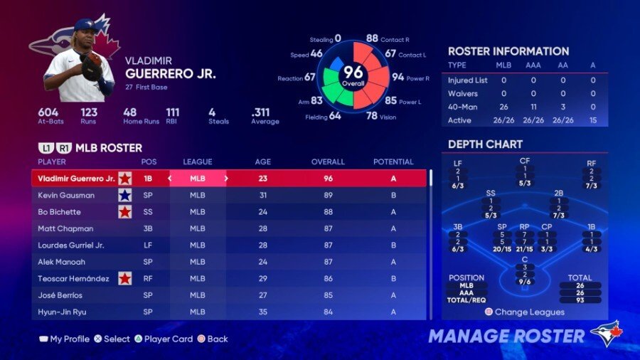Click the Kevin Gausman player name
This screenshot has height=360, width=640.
66,195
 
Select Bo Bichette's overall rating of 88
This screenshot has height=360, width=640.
328,212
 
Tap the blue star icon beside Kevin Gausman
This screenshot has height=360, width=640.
125,195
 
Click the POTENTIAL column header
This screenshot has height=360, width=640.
393,162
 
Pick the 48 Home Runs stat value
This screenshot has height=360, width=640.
129,112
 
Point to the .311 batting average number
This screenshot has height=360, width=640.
261,112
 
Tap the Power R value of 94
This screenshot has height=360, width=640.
398,78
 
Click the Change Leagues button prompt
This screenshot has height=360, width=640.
525,312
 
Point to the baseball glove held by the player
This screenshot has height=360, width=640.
91,67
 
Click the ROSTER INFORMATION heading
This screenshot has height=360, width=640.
508,51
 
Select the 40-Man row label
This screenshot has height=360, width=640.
463,107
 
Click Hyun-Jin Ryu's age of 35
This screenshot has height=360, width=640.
263,312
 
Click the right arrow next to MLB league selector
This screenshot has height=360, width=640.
226,179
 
